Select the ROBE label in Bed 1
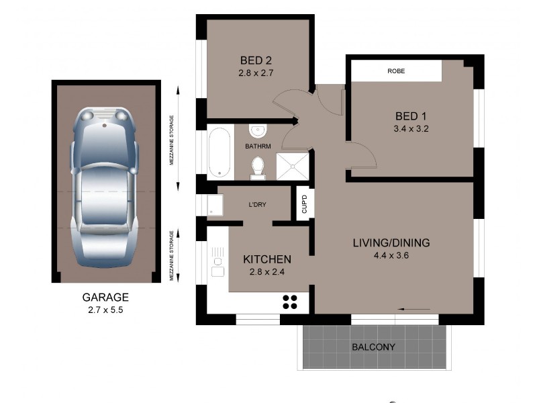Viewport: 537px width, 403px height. [396, 71]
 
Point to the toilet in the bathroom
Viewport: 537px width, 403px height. [258, 167]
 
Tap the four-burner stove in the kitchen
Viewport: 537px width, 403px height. [290, 302]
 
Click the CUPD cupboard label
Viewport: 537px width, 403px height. [303, 203]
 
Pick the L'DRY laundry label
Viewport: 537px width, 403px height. [258, 205]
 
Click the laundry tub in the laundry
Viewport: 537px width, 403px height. [215, 204]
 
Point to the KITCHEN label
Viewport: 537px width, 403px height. [266, 259]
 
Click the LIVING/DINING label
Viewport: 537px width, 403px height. [391, 242]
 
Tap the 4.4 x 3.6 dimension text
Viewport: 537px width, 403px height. [391, 255]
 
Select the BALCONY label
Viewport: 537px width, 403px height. [374, 347]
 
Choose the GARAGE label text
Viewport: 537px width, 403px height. [105, 297]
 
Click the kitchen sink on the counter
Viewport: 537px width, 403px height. [217, 262]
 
